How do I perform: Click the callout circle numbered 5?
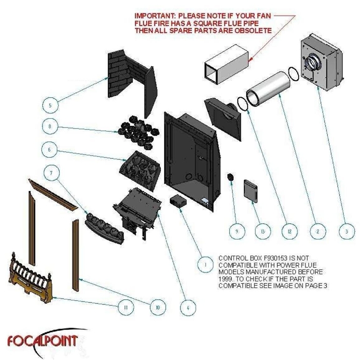49,106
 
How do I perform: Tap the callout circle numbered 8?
49,126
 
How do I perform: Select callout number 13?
262,231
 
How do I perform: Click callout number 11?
123,307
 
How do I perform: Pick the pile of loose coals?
135,131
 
